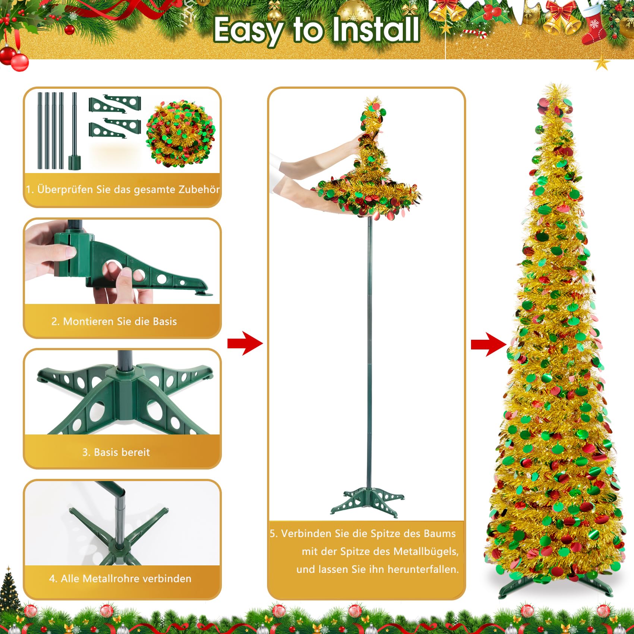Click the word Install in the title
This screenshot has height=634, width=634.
376,30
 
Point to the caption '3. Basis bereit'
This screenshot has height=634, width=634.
116,452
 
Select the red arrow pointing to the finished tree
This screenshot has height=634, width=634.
488,344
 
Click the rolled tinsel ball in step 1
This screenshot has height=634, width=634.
181,133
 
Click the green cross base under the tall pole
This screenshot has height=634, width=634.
367,502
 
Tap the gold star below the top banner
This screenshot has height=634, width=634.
601,63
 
